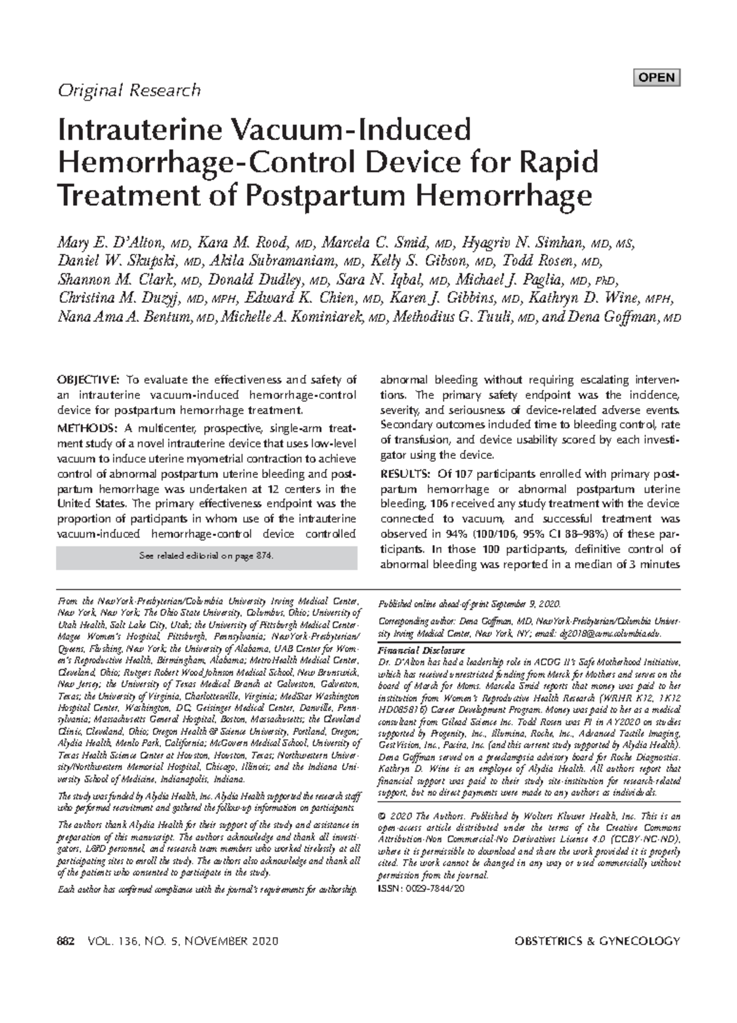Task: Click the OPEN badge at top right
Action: (x=657, y=78)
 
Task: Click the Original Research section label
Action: (x=128, y=91)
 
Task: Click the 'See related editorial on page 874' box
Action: (x=206, y=556)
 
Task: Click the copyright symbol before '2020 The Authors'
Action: (x=383, y=817)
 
